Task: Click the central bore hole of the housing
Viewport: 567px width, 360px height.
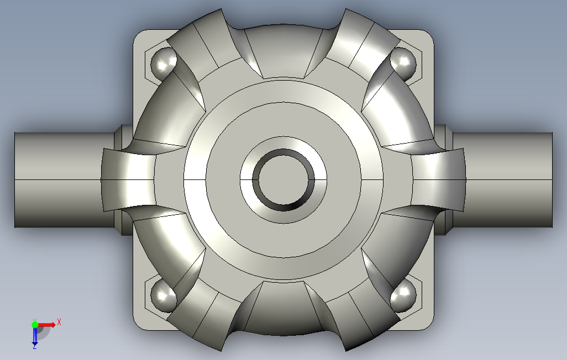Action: coord(283,179)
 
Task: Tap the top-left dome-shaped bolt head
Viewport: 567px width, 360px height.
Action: coord(162,63)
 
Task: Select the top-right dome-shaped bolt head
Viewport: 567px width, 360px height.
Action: coord(403,63)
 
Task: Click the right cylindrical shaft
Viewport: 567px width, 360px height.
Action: coord(503,180)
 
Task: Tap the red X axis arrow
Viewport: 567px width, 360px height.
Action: coord(47,324)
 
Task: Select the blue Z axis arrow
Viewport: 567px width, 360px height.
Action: coord(35,335)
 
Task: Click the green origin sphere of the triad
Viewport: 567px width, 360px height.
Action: coord(35,325)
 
